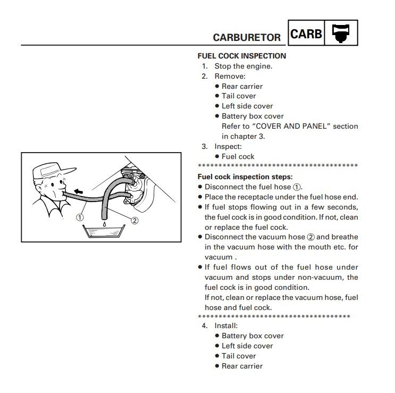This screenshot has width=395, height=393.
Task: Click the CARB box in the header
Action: coord(307,34)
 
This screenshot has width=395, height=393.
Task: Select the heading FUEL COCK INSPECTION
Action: coord(241,56)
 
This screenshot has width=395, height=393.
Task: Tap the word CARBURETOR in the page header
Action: coord(247,38)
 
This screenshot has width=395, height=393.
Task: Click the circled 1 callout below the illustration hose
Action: coord(79,217)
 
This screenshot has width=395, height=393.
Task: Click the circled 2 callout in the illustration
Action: coord(135,221)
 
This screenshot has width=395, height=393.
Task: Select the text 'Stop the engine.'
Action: coord(243,66)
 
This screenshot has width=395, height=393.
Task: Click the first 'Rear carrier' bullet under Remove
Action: coord(242,86)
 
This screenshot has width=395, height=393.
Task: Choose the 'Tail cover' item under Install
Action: coord(239,356)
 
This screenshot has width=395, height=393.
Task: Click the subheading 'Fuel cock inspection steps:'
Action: coord(245,177)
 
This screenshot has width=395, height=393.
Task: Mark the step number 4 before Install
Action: coord(205,325)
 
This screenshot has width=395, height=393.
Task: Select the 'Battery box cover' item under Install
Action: coord(253,336)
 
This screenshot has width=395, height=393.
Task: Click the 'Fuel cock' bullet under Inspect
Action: coord(238,156)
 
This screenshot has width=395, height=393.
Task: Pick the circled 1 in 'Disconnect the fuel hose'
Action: coord(297,187)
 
